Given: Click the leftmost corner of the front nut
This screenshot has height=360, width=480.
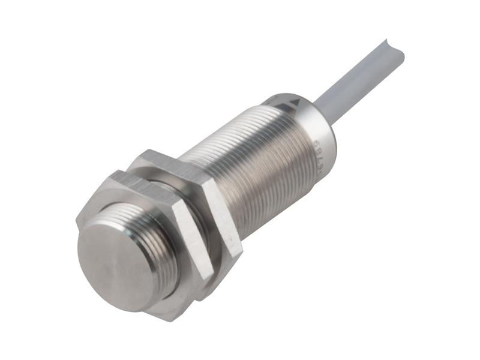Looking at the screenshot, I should [x=77, y=222].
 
